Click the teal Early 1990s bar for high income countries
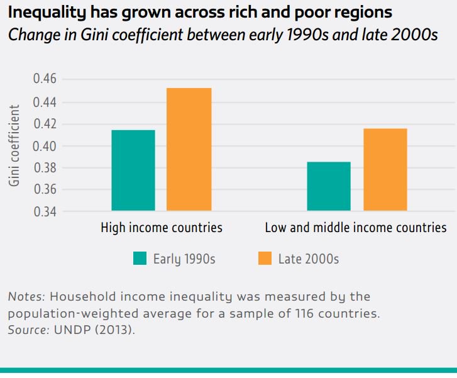(133, 170)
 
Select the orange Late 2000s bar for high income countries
(189, 149)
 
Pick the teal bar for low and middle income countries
(329, 186)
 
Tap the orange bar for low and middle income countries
(385, 169)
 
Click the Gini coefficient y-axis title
(14, 145)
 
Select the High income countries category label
(162, 228)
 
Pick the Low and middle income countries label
(356, 228)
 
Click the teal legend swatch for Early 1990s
(140, 258)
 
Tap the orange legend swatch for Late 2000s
(265, 258)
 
